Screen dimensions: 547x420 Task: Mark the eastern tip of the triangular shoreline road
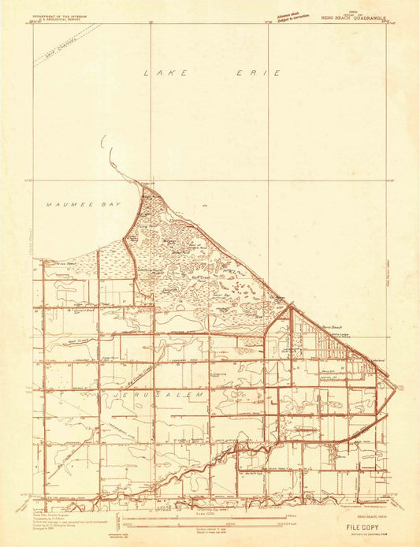point(396,387)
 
